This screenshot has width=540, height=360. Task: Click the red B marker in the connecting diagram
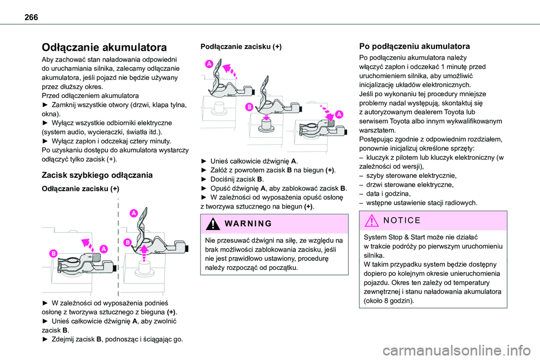[247, 107]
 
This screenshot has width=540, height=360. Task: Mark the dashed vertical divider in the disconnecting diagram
[119, 247]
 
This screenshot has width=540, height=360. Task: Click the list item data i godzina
[388, 192]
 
